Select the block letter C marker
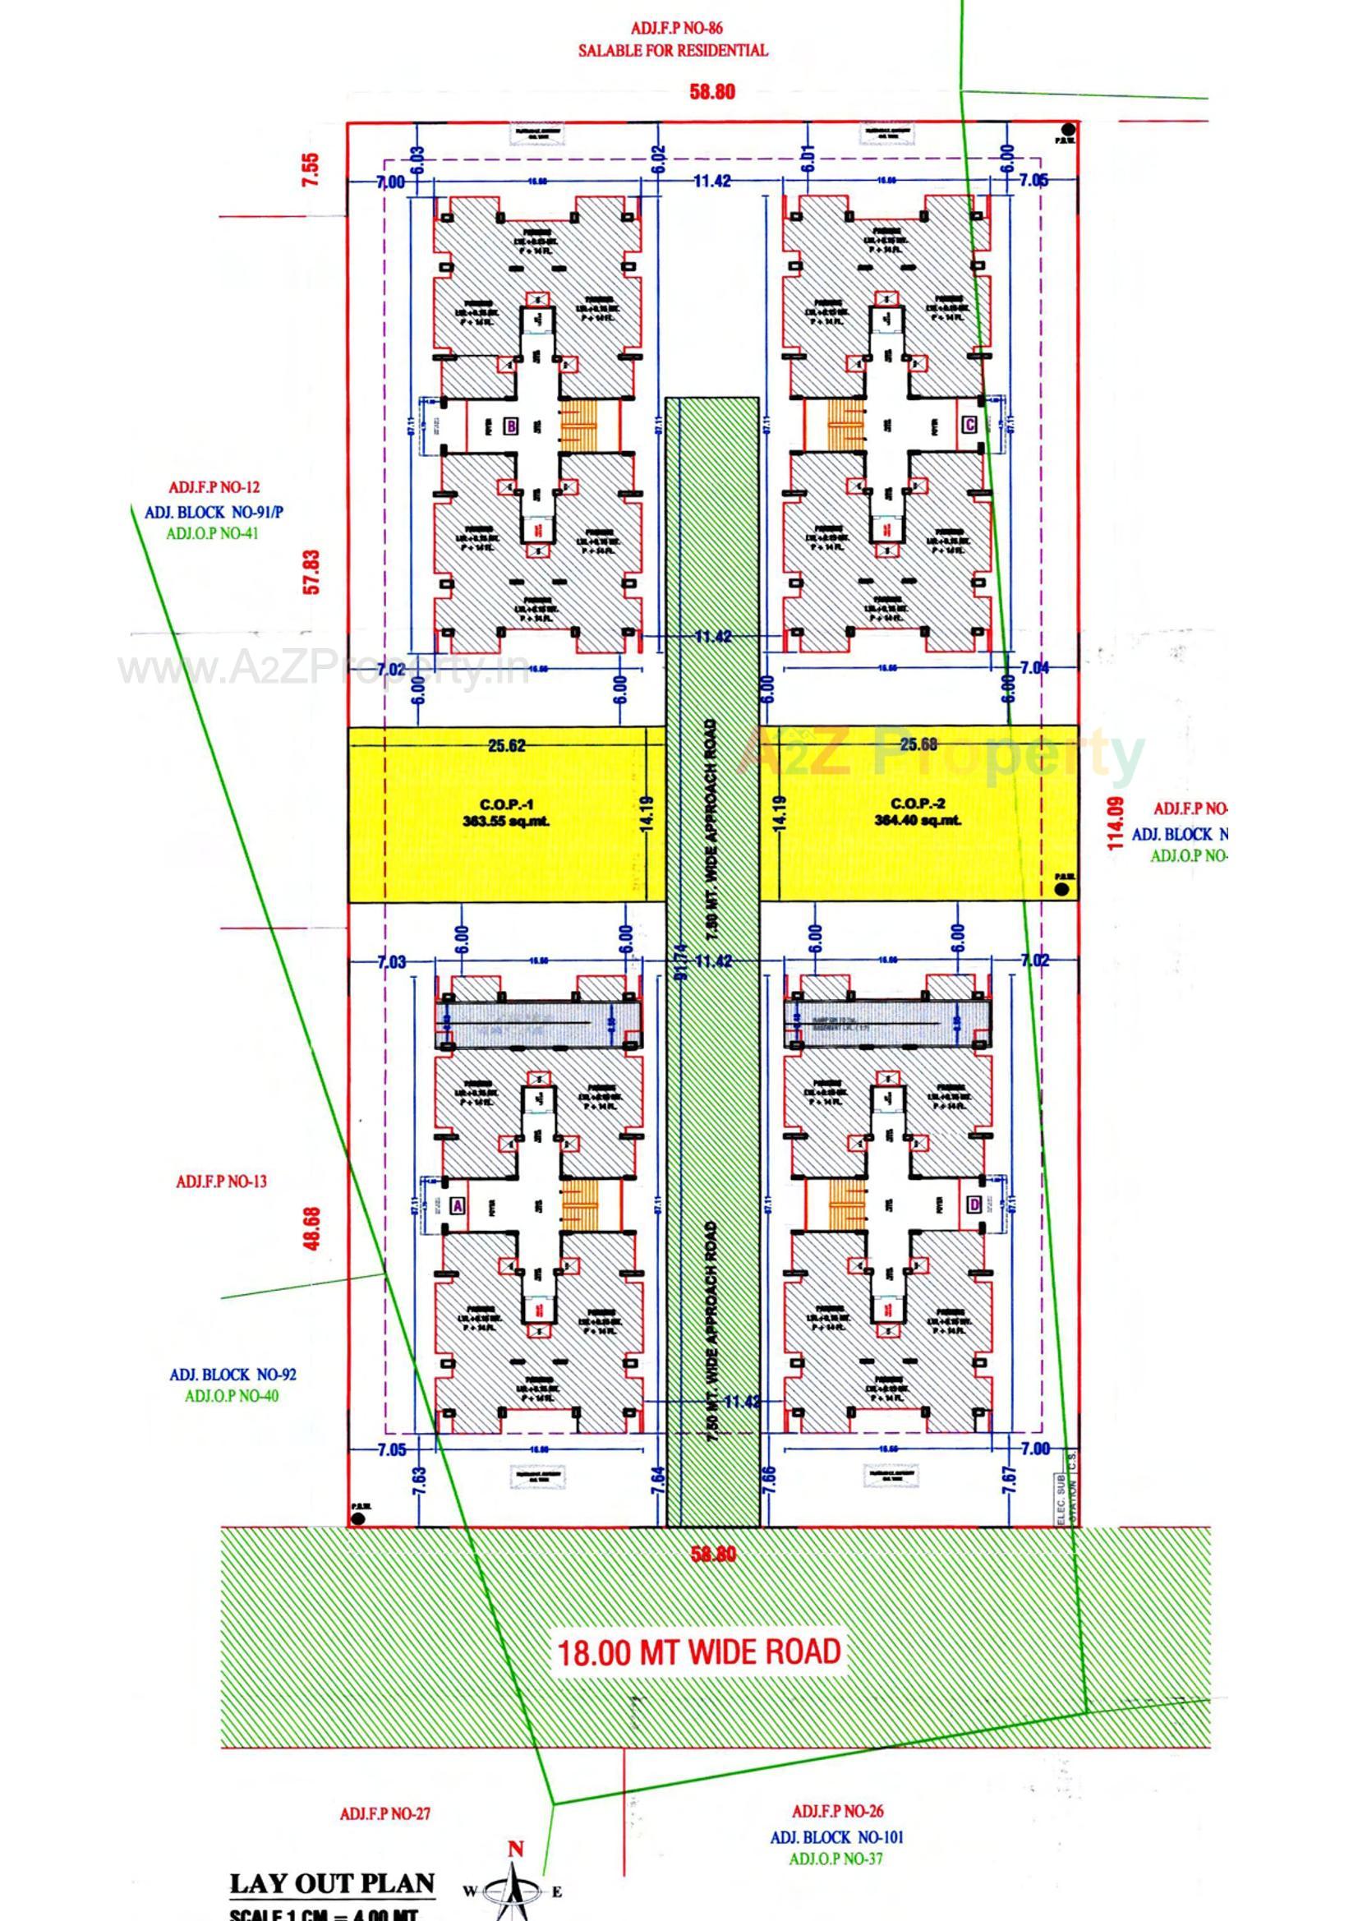tap(969, 424)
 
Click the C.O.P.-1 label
tap(505, 812)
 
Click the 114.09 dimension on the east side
tap(1114, 823)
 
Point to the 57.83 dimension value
tap(312, 571)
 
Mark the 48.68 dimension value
tap(312, 1228)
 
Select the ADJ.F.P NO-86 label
tap(672, 29)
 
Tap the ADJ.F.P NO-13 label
tap(221, 1182)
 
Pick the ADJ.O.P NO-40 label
tap(232, 1396)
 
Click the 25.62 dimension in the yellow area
tap(507, 744)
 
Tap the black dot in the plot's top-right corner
tap(1067, 129)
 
